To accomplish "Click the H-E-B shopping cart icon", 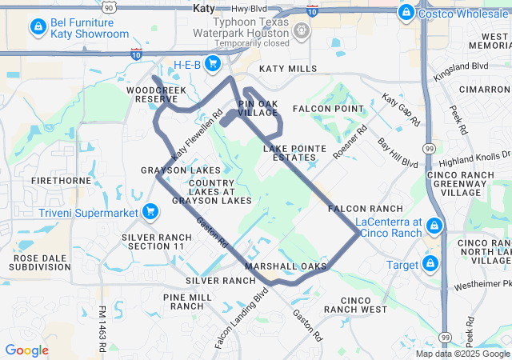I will [x=212, y=62].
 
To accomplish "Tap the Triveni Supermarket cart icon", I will [x=150, y=212].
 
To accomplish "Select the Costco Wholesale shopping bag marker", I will [x=406, y=12].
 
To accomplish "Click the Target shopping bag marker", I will [x=432, y=263].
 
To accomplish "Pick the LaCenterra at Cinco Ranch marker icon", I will [x=434, y=226].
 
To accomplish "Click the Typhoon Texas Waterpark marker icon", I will [x=302, y=30].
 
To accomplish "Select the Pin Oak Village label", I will [x=258, y=109].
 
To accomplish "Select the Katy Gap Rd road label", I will [x=400, y=110].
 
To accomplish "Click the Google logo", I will [x=26, y=350].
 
